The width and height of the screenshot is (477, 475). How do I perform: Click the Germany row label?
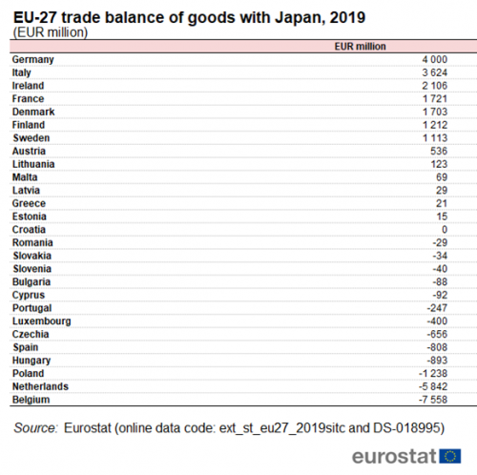(33, 60)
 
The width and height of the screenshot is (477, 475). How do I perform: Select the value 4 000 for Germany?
(435, 59)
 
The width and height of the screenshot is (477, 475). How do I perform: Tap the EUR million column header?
(360, 47)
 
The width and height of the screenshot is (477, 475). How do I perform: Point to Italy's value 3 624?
(435, 72)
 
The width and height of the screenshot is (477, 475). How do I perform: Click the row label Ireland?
(28, 86)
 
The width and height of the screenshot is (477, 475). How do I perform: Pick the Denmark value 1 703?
(435, 112)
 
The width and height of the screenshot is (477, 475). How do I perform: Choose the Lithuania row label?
(33, 164)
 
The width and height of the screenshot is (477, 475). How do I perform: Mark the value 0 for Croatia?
(445, 230)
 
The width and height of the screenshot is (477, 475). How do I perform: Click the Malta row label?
(25, 177)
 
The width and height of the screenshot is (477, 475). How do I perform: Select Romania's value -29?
(440, 242)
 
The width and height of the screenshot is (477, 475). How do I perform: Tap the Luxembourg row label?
(42, 321)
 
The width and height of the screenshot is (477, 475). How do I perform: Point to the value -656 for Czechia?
(437, 334)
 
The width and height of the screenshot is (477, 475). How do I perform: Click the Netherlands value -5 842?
(433, 386)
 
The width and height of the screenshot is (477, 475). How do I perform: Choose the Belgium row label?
(31, 400)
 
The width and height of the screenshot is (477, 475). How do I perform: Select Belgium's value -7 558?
(433, 400)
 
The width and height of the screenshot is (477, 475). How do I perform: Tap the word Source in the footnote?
(35, 428)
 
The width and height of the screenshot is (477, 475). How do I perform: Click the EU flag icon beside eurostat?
(450, 456)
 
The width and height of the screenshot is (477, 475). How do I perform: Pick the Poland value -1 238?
(433, 374)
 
